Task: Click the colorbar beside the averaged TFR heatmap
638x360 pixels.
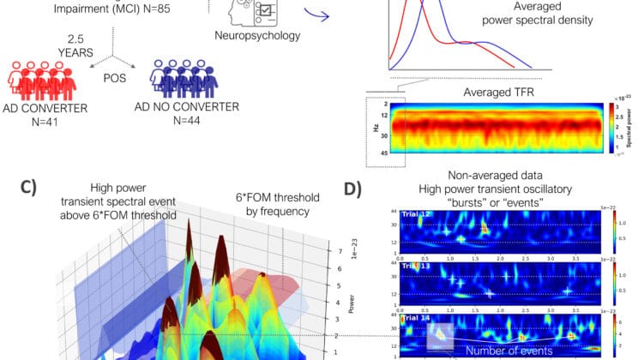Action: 602,127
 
